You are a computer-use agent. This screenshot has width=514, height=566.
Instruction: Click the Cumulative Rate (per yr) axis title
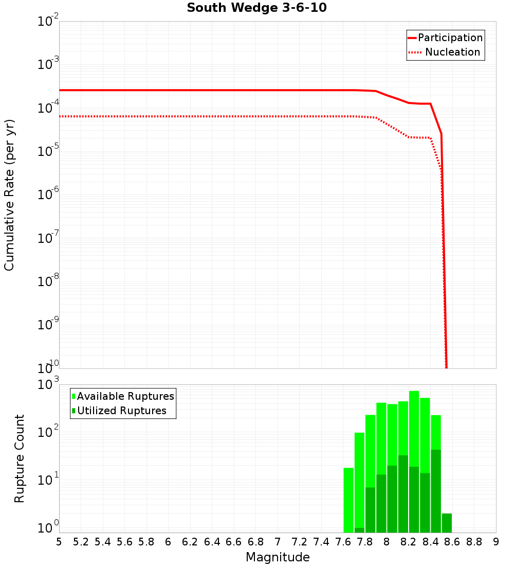click(x=9, y=194)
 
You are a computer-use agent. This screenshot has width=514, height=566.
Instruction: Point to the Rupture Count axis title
click(x=20, y=458)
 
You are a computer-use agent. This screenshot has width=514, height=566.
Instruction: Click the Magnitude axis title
click(x=278, y=557)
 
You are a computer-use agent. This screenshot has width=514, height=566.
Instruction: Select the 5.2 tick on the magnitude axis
click(x=81, y=541)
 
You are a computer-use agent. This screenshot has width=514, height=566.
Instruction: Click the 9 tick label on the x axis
click(x=496, y=541)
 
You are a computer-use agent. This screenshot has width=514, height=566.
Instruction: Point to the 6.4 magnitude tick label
click(x=212, y=541)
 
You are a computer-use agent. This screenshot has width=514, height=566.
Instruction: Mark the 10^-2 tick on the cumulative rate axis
click(x=48, y=22)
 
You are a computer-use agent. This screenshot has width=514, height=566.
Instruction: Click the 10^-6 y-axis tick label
click(x=48, y=195)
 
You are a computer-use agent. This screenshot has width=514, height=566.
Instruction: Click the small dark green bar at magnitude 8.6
click(x=447, y=522)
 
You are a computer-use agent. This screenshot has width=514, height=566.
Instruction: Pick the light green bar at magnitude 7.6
click(x=348, y=499)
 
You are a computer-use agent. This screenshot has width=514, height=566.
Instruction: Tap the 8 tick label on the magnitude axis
click(x=387, y=541)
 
